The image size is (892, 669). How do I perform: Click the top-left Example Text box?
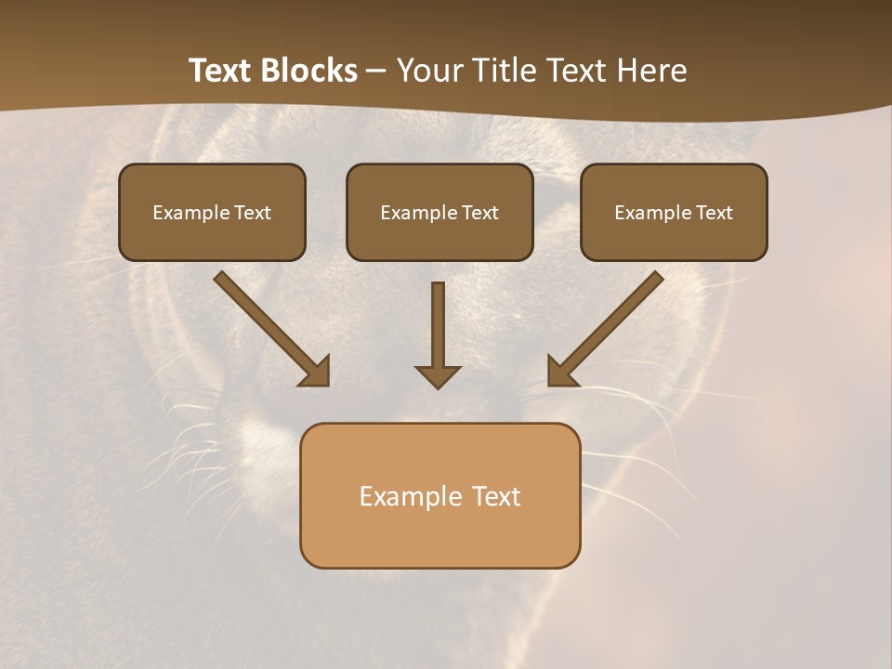click(212, 212)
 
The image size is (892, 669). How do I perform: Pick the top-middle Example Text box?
click(439, 212)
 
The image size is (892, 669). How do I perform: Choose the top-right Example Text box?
click(674, 212)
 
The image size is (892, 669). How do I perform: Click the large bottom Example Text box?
click(439, 495)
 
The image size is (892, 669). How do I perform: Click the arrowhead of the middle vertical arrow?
click(438, 376)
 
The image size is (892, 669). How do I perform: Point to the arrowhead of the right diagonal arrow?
click(560, 372)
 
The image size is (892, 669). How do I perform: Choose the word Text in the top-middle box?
click(479, 213)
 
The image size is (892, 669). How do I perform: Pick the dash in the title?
click(376, 71)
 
